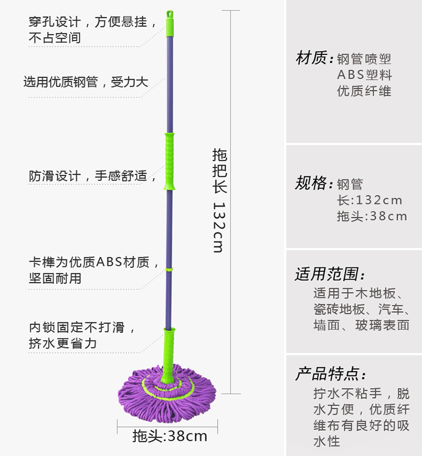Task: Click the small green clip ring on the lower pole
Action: coord(168,271)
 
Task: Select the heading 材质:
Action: coord(311,58)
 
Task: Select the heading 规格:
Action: coord(311,184)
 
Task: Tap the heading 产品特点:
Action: coord(330,374)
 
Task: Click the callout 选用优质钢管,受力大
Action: coord(86,82)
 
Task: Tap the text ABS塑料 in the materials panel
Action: coord(365,75)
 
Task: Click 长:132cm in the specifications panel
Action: coord(370,200)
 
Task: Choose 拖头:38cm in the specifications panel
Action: coord(372,216)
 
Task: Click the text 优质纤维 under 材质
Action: coord(365,91)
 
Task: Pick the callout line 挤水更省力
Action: coord(62,343)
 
